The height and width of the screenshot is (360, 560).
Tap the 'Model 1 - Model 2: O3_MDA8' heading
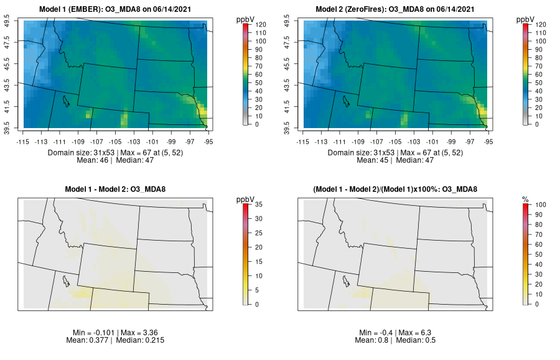point(118,190)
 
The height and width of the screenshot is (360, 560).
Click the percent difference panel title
point(398,190)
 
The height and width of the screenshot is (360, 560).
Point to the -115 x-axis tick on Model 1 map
point(24,141)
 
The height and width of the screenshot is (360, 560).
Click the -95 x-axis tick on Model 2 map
point(488,141)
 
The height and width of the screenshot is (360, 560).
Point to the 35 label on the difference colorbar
point(258,204)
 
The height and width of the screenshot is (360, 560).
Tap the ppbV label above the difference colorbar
point(246,199)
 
